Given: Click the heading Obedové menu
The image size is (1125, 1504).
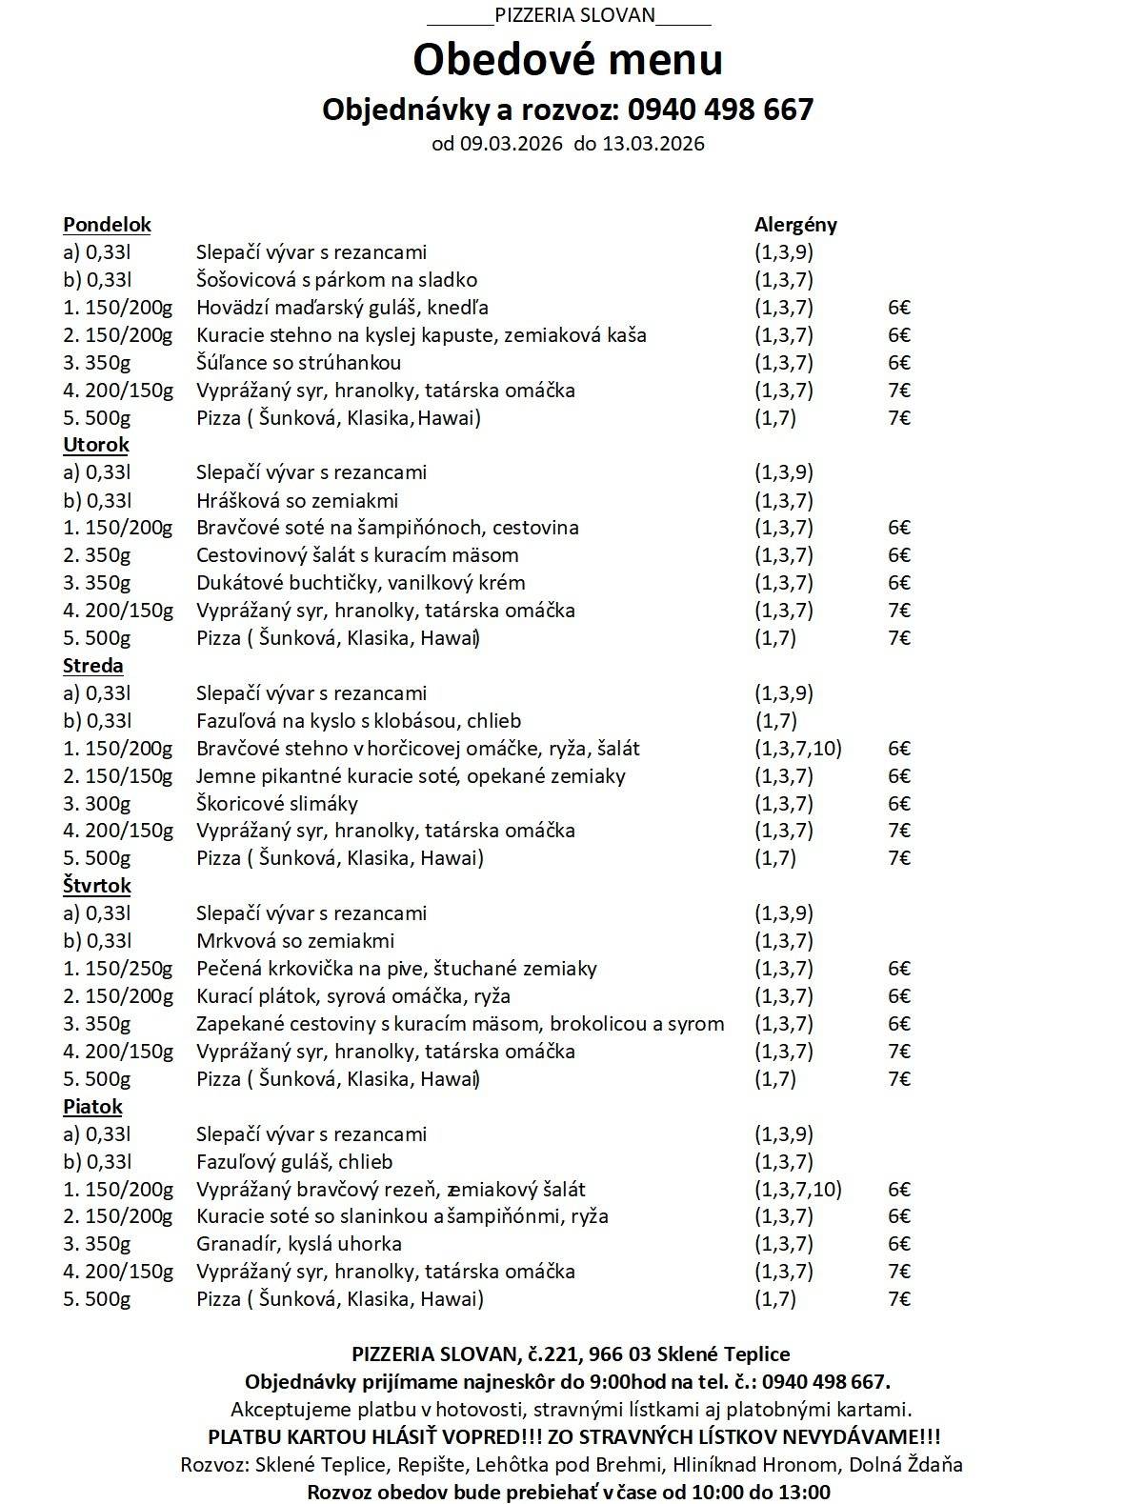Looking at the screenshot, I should pyautogui.click(x=568, y=59).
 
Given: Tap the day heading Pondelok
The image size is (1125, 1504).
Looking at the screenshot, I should pyautogui.click(x=107, y=225).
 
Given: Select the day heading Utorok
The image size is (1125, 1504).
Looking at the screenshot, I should pyautogui.click(x=95, y=445).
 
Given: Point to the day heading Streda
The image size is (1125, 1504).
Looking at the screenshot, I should pyautogui.click(x=93, y=665).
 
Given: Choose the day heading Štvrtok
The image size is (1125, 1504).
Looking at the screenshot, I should pyautogui.click(x=97, y=886).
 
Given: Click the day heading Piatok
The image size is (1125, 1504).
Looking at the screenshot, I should pyautogui.click(x=92, y=1107).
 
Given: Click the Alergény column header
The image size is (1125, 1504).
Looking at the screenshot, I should pyautogui.click(x=795, y=225).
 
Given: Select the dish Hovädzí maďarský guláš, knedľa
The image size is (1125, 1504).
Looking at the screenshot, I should pyautogui.click(x=343, y=308).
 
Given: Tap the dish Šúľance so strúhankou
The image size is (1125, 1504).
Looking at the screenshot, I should pyautogui.click(x=298, y=363).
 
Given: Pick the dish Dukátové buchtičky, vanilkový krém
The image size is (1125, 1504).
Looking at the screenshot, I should pyautogui.click(x=360, y=583).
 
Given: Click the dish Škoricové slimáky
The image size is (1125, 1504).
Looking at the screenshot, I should pyautogui.click(x=277, y=804).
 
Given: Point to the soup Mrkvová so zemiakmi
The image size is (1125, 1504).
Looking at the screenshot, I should pyautogui.click(x=295, y=941).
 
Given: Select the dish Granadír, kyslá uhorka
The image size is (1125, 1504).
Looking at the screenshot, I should pyautogui.click(x=299, y=1244).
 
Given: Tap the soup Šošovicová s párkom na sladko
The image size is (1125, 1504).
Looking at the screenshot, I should pyautogui.click(x=336, y=280).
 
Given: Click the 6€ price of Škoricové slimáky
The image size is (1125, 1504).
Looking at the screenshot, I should pyautogui.click(x=899, y=804).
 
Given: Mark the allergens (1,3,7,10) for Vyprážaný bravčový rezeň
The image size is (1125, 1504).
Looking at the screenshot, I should pyautogui.click(x=798, y=1189).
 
